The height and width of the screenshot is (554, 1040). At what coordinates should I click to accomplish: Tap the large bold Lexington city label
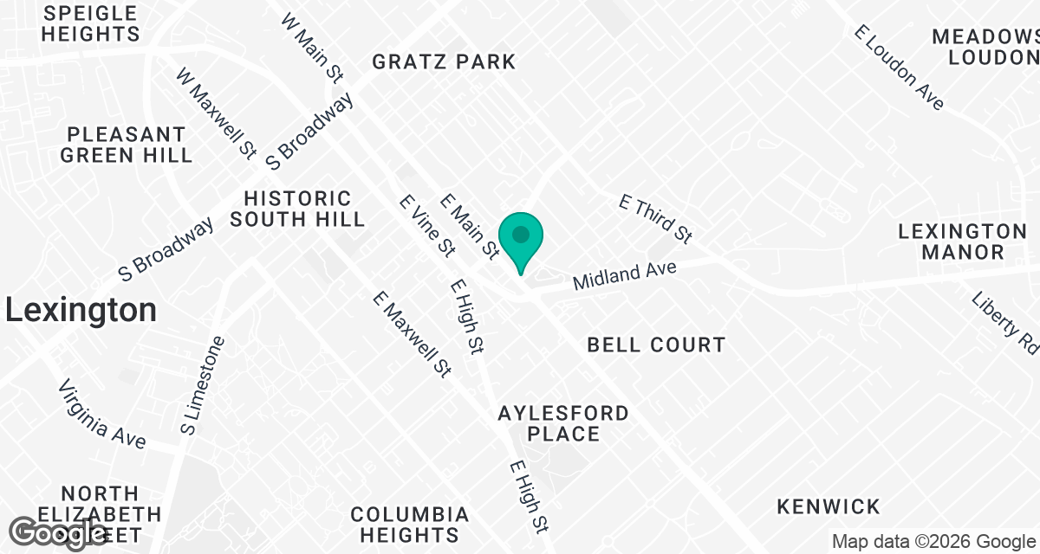[x=81, y=310]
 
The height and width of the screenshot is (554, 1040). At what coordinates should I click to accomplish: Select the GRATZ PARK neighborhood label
[x=444, y=61]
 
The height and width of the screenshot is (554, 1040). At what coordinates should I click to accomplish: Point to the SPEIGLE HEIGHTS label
[x=90, y=24]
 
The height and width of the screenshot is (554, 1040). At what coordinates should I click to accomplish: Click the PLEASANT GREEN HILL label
[x=127, y=145]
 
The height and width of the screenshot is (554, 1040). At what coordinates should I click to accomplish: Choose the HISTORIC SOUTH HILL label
[x=297, y=209]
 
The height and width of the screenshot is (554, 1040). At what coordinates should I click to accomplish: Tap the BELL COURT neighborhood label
[x=656, y=345]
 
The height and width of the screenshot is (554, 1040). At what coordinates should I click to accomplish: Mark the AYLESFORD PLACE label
[x=563, y=423]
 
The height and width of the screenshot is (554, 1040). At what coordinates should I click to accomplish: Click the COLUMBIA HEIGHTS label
[x=410, y=525]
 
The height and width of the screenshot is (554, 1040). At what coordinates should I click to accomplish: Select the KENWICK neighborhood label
[x=829, y=506]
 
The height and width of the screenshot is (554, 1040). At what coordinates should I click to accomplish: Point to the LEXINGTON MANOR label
[x=962, y=242]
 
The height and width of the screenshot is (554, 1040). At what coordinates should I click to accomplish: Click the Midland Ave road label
[x=624, y=276]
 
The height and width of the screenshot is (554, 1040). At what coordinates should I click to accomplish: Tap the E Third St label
[x=656, y=218]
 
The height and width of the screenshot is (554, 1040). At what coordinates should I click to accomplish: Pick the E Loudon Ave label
[x=899, y=68]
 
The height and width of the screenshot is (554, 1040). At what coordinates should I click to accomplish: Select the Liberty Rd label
[x=1006, y=321]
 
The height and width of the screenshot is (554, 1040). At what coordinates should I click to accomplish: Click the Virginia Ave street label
[x=102, y=414]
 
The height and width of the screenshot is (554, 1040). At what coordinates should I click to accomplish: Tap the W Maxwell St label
[x=216, y=115]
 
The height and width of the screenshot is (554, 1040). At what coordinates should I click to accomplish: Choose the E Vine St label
[x=426, y=225]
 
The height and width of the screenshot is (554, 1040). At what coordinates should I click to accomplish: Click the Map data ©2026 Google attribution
[x=933, y=542]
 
